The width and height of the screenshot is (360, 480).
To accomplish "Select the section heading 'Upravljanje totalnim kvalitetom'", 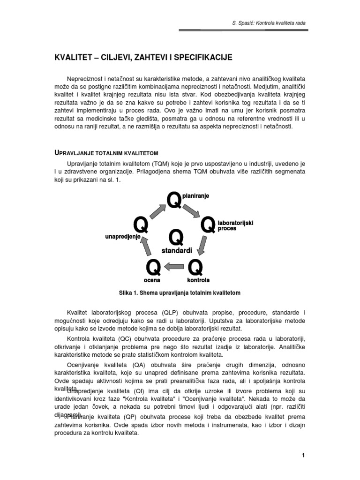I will [106, 153].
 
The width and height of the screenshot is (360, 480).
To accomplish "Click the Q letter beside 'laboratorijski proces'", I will [208, 225].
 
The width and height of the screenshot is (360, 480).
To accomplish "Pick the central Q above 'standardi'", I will [176, 238].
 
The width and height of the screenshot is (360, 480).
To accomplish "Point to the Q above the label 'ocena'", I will [154, 268].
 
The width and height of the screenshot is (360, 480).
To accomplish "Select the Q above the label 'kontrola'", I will [195, 268].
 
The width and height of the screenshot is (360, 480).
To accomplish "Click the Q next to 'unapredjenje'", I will [141, 225].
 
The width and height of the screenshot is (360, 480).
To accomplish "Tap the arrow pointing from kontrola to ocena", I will [174, 267].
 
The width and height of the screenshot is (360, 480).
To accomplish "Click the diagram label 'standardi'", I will [177, 251].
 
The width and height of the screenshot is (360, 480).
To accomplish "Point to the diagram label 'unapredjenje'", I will [123, 238].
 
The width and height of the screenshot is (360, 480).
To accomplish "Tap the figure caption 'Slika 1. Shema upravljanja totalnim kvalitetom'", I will [180, 292].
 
